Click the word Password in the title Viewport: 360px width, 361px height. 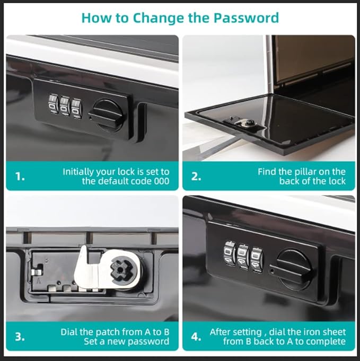pyautogui.click(x=246, y=18)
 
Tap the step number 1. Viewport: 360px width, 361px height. pyautogui.click(x=20, y=177)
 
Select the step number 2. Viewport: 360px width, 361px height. pyautogui.click(x=196, y=177)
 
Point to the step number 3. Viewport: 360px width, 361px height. pyautogui.click(x=20, y=337)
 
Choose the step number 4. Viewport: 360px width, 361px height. pyautogui.click(x=196, y=337)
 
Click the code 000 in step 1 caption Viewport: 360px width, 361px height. pyautogui.click(x=162, y=181)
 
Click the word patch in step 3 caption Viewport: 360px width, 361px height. pyautogui.click(x=108, y=332)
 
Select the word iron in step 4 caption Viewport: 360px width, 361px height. pyautogui.click(x=311, y=332)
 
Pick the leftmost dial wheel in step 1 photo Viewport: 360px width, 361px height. pyautogui.click(x=54, y=104)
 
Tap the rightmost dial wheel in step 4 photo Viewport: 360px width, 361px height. pyautogui.click(x=257, y=260)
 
